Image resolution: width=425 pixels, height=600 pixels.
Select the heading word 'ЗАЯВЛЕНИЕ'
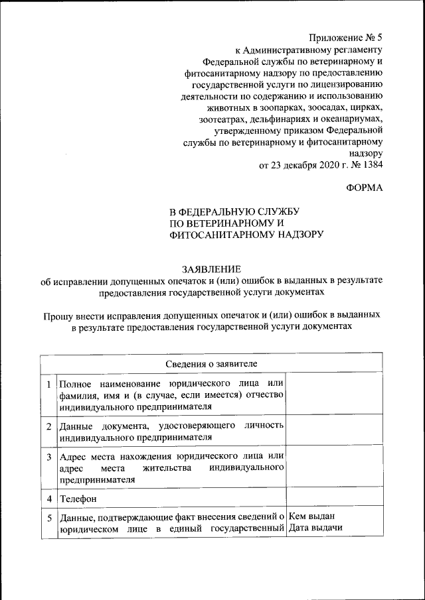tap(212, 269)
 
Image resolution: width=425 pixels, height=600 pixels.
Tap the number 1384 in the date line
tap(371, 165)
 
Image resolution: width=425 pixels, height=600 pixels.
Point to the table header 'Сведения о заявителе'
tap(212, 364)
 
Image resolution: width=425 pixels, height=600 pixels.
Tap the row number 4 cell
tap(48, 497)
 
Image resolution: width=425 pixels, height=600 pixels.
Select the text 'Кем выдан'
tap(312, 516)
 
